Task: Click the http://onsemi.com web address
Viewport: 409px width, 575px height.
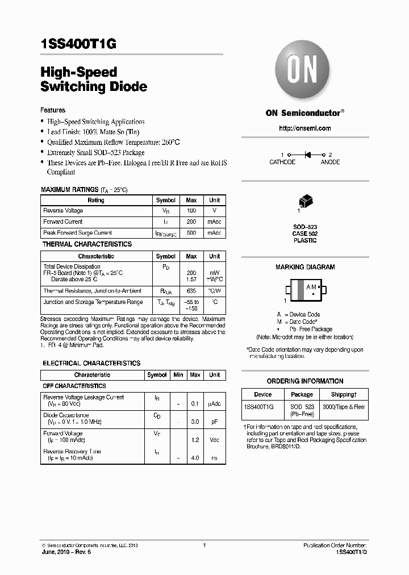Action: click(x=304, y=128)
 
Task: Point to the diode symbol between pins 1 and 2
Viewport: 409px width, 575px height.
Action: click(x=308, y=155)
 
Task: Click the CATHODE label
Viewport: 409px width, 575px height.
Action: click(x=282, y=163)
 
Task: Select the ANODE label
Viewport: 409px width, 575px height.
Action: click(x=330, y=163)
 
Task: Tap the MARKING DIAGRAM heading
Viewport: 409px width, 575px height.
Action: click(x=305, y=267)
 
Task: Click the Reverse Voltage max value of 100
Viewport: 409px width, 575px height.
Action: click(x=191, y=211)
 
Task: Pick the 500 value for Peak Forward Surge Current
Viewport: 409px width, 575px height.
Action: click(x=191, y=233)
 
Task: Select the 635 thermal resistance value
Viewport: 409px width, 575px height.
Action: click(x=191, y=291)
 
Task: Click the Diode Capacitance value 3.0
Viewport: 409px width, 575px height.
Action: click(x=195, y=423)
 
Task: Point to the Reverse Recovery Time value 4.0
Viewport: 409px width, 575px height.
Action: click(x=195, y=457)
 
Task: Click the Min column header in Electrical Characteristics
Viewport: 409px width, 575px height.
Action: click(x=178, y=375)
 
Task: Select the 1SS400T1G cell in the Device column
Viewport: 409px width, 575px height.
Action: click(x=258, y=407)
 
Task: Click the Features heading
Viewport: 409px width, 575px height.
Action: click(x=53, y=110)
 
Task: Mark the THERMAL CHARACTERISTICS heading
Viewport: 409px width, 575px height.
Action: click(x=87, y=244)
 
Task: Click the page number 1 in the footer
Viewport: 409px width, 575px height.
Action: click(x=204, y=545)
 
